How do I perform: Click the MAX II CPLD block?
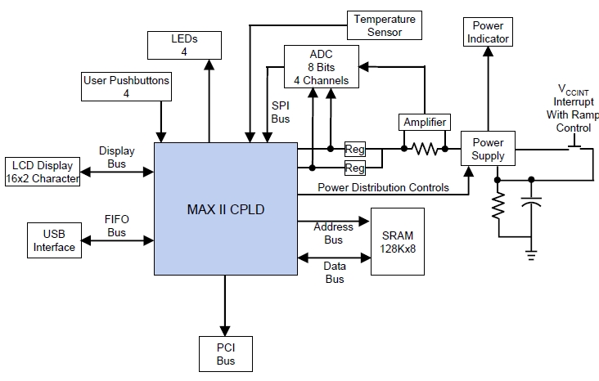225,209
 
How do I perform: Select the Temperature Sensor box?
385,25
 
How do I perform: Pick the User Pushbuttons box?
127,87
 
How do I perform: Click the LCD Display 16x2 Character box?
43,172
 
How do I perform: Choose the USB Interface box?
54,241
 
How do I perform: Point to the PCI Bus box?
225,354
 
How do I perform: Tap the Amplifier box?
426,123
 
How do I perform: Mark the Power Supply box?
489,149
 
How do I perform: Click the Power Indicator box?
489,32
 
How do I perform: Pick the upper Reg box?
355,150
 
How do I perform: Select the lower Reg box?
355,168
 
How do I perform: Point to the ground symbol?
533,255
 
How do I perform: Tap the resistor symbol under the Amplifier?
426,149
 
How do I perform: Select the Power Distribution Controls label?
384,187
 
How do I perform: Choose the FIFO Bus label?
116,226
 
